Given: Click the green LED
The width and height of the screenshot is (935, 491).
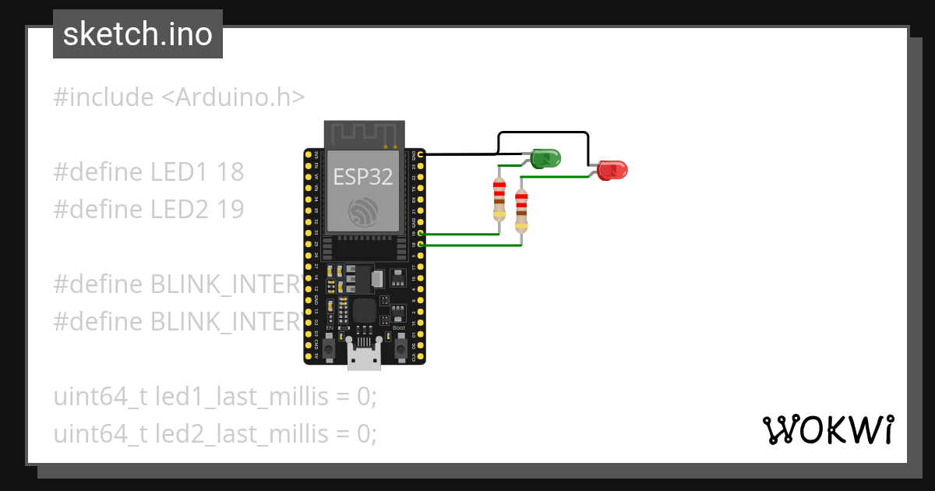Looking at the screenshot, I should point(546,159).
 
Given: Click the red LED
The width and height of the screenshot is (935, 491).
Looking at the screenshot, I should point(613,169).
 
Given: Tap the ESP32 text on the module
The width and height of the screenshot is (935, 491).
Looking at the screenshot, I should point(363,176).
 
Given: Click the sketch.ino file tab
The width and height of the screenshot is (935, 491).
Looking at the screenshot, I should point(138,34).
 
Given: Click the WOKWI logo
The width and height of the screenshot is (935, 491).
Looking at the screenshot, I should point(827,429).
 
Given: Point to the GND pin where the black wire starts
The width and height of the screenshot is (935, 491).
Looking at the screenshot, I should point(421,155).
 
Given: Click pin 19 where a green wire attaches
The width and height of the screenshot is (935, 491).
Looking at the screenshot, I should point(421,234).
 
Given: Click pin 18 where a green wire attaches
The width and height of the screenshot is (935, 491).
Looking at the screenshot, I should point(421,245).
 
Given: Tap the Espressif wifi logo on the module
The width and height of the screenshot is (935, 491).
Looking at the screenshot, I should point(364,212).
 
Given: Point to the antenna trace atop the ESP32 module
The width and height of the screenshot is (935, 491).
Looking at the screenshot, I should point(364,133).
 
